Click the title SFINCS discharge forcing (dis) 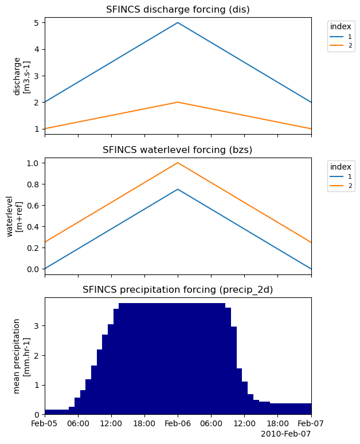click(x=178, y=10)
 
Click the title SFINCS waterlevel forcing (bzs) click(x=178, y=150)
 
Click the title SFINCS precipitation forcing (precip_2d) click(x=178, y=290)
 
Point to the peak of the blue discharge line click(x=178, y=23)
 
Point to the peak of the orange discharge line click(x=178, y=102)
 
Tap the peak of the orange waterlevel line click(x=178, y=163)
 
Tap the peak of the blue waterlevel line click(x=178, y=189)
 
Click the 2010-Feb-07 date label click(x=285, y=434)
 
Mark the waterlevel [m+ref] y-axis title click(x=14, y=216)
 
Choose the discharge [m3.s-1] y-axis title click(x=21, y=76)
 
